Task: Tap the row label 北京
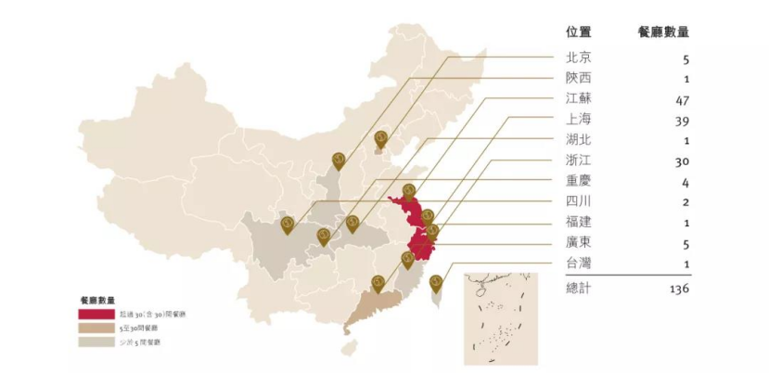click(578, 58)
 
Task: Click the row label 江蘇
click(578, 98)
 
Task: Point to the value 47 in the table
click(681, 99)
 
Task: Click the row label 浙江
click(578, 160)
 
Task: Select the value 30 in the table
click(681, 161)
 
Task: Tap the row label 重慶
click(578, 181)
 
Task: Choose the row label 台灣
click(578, 263)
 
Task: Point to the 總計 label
click(578, 289)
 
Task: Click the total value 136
click(677, 289)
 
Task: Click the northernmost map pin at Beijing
click(380, 139)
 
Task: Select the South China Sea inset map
click(500, 318)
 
